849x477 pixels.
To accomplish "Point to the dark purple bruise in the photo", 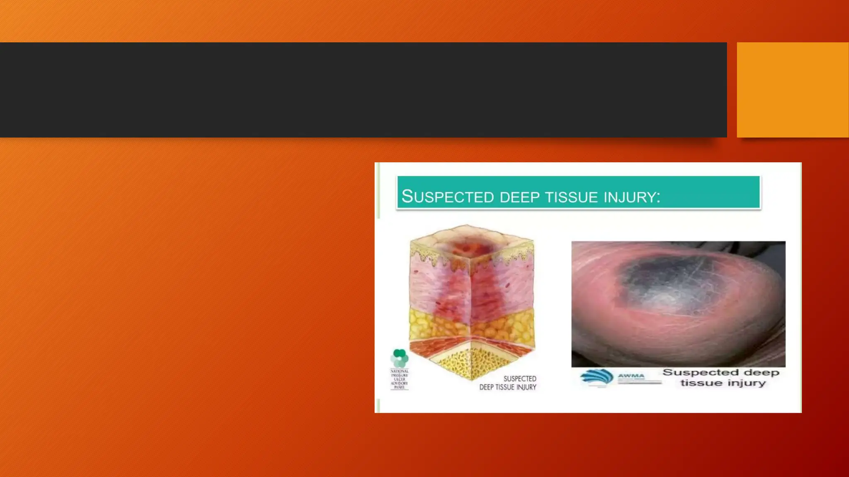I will (667, 282).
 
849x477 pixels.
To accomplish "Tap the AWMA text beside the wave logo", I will (631, 376).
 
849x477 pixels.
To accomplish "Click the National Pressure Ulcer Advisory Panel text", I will (399, 379).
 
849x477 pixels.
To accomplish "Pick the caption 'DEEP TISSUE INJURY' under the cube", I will (507, 387).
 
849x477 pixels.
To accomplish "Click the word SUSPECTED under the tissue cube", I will (519, 378).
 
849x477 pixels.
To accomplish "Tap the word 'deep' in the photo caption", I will (762, 373).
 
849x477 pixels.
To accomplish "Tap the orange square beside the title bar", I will (792, 89).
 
